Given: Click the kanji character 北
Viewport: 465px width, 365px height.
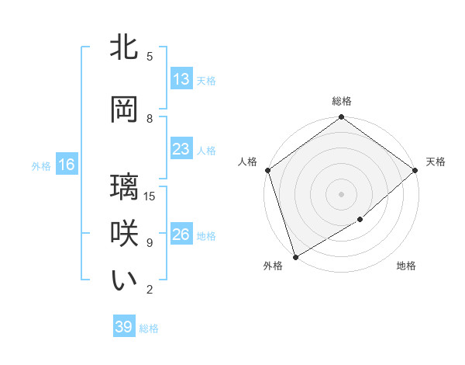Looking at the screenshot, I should click(125, 47).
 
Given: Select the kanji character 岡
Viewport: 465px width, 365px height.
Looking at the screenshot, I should click(125, 109).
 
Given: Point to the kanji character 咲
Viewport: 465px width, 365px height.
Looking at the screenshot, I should click(125, 234).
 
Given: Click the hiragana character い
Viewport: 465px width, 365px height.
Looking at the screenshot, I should click(125, 280).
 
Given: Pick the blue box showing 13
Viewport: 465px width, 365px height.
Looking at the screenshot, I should click(181, 79).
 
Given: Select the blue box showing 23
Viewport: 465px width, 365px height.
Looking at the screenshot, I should click(181, 149).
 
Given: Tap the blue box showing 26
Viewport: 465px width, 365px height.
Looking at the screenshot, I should click(181, 235).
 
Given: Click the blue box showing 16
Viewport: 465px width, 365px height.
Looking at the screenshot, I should click(66, 165).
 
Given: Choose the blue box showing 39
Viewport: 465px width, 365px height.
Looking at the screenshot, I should click(124, 327).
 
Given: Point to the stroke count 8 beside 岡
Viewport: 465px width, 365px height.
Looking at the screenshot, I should click(150, 119).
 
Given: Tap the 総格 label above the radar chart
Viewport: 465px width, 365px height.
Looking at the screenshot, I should click(342, 101).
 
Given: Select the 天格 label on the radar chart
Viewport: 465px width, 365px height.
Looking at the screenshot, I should click(436, 162).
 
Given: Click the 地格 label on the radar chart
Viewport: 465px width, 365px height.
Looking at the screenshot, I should click(406, 266).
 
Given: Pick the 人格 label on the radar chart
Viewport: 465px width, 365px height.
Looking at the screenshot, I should click(248, 162).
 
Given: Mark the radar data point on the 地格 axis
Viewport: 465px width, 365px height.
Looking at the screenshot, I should click(360, 220).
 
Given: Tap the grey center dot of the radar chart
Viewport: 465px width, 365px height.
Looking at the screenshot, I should click(341, 193).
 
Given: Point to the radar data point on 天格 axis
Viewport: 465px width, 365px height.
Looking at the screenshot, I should click(415, 170).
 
